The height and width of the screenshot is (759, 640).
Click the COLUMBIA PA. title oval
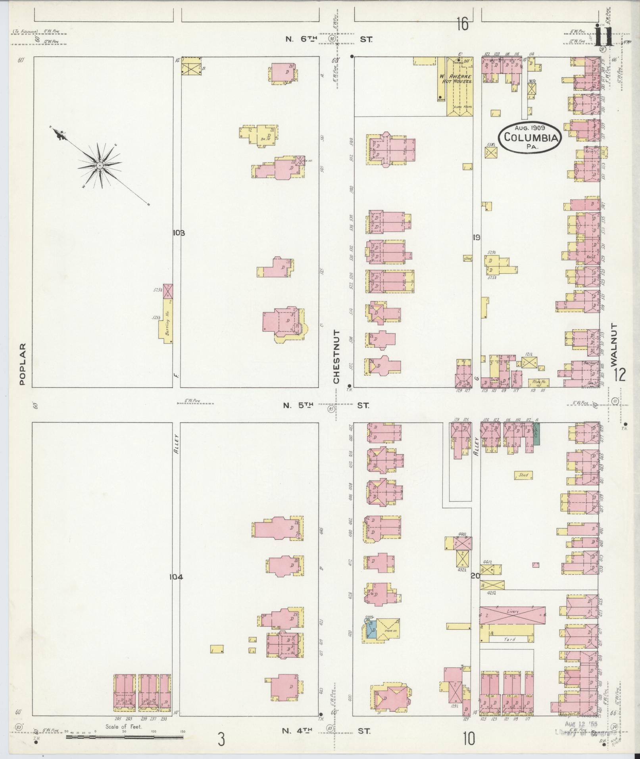point(530,137)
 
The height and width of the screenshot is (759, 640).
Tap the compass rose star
point(100,165)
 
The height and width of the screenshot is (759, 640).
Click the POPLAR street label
point(22,364)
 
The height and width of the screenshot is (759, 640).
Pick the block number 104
point(176,577)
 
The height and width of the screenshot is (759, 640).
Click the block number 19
point(477,238)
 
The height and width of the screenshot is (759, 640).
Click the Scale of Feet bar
point(124,737)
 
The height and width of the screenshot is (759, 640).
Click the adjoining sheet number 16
point(462,25)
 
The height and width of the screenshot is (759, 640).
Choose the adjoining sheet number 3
point(221,740)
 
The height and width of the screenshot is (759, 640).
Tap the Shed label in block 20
point(523,475)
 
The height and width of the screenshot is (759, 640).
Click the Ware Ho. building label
point(538,382)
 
